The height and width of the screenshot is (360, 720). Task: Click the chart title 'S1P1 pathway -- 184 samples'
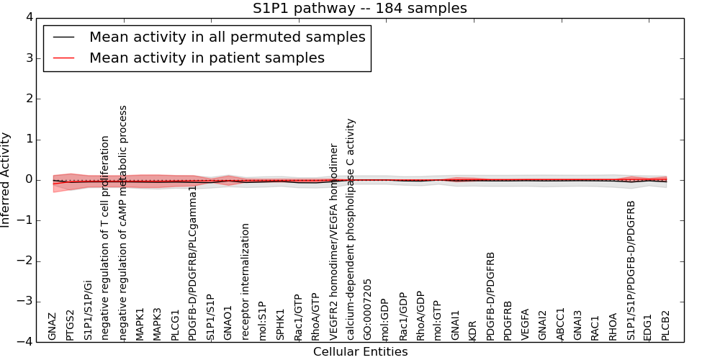[359, 9]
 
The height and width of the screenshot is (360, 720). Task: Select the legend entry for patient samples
[207, 58]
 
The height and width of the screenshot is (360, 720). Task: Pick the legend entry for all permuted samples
[227, 37]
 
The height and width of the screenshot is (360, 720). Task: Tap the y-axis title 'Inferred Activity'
[6, 180]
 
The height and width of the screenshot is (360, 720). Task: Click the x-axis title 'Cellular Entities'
[360, 352]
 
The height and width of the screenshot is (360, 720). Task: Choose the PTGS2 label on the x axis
[70, 325]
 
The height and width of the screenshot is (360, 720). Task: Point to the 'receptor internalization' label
[246, 282]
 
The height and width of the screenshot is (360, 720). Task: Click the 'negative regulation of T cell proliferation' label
[105, 238]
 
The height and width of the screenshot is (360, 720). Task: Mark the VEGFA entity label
[525, 324]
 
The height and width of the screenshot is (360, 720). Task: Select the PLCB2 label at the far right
[665, 325]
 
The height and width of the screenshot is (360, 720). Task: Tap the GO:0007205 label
[368, 310]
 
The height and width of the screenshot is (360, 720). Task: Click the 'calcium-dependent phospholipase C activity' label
[351, 229]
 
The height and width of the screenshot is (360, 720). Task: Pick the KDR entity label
[472, 330]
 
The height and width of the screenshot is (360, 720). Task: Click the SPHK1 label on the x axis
[280, 325]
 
